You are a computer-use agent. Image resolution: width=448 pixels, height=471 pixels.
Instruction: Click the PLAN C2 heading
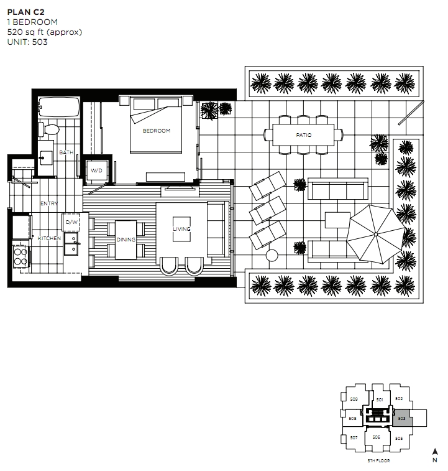[x=26, y=12]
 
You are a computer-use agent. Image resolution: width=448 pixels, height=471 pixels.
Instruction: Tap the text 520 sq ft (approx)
[x=45, y=32]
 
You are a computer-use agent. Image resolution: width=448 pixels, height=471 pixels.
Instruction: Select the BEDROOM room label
[x=157, y=131]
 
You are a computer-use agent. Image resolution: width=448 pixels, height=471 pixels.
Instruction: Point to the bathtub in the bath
[x=59, y=107]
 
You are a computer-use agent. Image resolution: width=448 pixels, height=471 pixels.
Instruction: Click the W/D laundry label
[x=96, y=170]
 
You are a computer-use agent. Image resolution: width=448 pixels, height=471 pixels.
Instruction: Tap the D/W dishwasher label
[x=71, y=222]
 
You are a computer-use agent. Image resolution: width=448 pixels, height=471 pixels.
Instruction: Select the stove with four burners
[x=21, y=256]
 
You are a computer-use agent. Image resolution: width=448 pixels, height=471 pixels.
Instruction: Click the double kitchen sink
[x=71, y=244]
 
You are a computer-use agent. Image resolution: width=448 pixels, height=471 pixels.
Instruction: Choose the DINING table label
[x=126, y=240]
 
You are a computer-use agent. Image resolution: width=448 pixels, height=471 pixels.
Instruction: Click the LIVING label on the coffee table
[x=181, y=229]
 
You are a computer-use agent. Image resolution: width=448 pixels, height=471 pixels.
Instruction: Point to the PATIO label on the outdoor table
[x=304, y=135]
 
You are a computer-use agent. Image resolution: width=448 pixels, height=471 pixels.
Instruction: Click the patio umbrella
[x=375, y=235]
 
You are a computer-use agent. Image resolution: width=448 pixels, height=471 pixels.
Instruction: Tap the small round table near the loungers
[x=272, y=255]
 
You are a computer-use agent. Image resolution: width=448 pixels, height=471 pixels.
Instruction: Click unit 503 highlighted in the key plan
[x=402, y=418]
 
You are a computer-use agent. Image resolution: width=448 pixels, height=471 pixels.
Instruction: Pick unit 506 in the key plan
[x=377, y=437]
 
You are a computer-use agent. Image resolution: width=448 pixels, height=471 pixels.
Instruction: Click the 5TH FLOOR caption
[x=378, y=460]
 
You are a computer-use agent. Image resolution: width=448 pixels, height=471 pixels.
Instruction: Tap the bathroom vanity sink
[x=46, y=157]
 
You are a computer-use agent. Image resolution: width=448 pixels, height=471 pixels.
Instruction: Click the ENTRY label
[x=49, y=203]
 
